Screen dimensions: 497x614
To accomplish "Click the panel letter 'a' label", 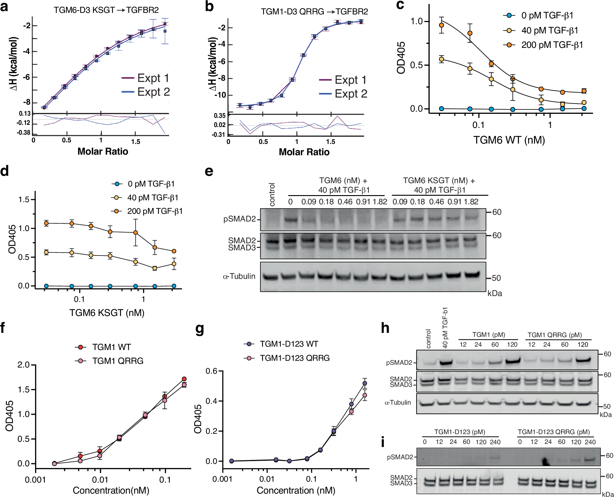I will click(4, 7).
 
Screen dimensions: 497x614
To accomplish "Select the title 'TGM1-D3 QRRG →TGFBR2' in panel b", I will click(314, 12).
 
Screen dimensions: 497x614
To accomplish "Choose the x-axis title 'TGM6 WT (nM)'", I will click(509, 140).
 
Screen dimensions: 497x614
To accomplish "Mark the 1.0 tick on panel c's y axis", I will click(417, 21).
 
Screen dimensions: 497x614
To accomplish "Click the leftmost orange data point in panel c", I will click(441, 25).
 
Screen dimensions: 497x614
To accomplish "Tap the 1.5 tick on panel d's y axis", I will click(24, 200).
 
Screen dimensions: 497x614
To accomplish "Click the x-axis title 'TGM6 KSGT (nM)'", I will click(107, 313).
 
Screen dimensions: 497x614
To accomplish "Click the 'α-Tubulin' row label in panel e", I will click(239, 276).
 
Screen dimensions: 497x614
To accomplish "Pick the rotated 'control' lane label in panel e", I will click(272, 194).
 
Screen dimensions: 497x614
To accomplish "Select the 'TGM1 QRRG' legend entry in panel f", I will click(118, 361).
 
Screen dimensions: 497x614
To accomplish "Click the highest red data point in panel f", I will click(184, 379).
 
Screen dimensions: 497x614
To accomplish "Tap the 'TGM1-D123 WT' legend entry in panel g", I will click(289, 344).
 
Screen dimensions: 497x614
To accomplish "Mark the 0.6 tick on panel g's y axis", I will click(212, 371).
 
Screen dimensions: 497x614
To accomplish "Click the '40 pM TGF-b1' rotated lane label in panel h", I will click(445, 328).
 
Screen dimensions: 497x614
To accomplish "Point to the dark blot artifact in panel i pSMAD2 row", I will click(545, 461).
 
